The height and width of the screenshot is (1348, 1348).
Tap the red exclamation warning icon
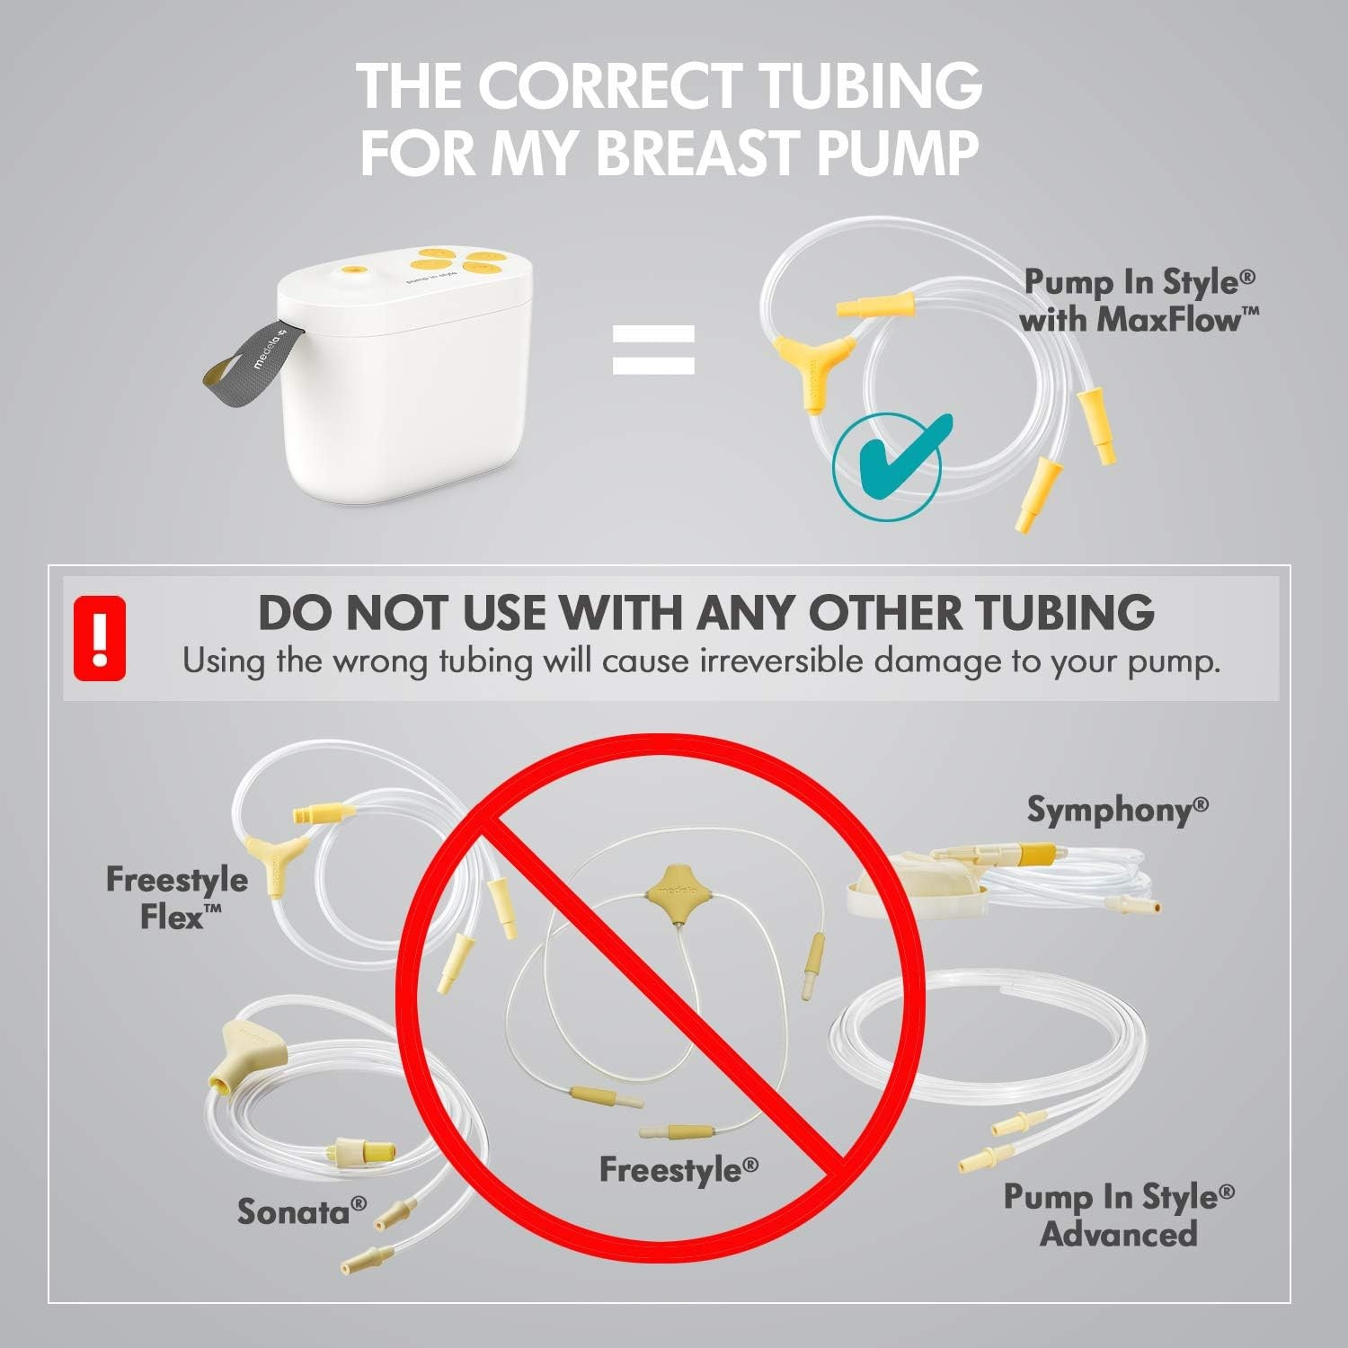point(99,637)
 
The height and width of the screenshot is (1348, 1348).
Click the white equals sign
point(653,349)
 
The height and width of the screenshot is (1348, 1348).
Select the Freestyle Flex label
point(177,897)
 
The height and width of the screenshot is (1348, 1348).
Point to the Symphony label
point(1117,810)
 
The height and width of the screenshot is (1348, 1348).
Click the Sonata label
point(302,1211)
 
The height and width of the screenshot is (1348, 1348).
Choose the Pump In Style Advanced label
point(1119,1215)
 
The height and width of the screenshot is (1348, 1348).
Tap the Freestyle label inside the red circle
point(678,1169)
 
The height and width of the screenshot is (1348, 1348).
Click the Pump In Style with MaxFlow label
point(1140,300)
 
